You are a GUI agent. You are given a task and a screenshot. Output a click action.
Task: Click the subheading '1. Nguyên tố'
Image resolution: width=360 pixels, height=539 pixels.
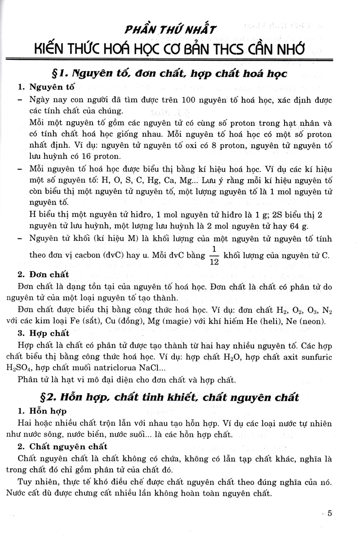coord(46,87)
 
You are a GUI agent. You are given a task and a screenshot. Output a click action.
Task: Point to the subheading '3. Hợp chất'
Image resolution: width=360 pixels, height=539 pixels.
coord(44,333)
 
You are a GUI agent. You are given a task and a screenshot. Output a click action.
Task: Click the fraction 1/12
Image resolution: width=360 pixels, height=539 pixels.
coord(214,255)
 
